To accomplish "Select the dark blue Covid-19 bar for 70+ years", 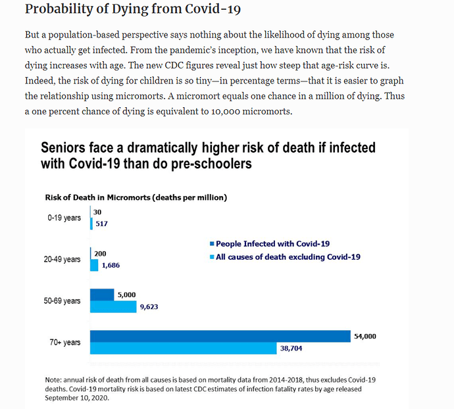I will click(x=220, y=337).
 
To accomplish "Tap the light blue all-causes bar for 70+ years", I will click(x=183, y=349).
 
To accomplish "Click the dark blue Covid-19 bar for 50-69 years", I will click(x=102, y=295).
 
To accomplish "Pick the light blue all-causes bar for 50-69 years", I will click(x=113, y=306).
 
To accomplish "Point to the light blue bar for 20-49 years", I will click(x=94, y=265).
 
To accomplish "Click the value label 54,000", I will click(x=365, y=336).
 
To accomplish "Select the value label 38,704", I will click(x=291, y=349).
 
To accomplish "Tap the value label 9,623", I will click(x=149, y=306).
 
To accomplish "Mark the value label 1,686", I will click(x=111, y=266).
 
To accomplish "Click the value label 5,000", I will click(x=126, y=295).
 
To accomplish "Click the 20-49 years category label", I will click(x=62, y=259).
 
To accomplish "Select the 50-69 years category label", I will click(x=62, y=301).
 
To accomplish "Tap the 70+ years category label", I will click(x=64, y=343).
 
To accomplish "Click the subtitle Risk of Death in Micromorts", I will click(x=136, y=197).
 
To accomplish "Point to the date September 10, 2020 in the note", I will click(x=76, y=398).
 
